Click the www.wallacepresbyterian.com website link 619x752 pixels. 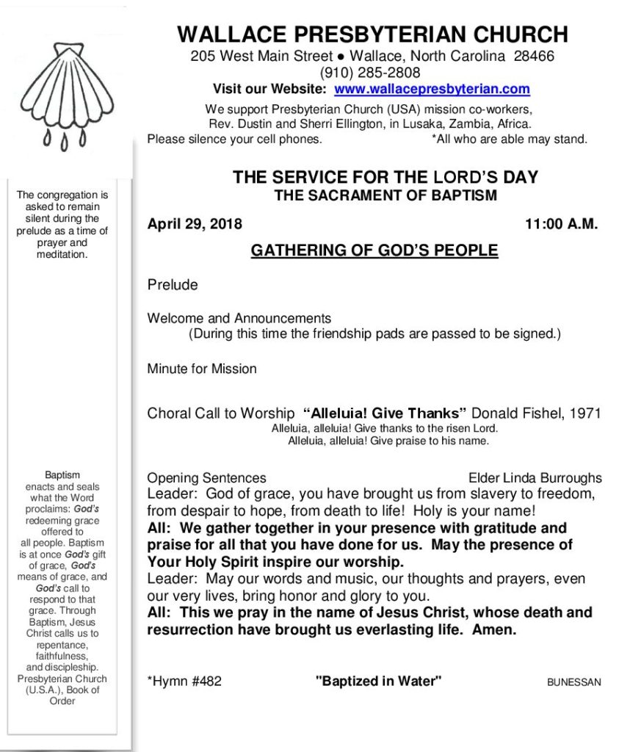[x=432, y=90]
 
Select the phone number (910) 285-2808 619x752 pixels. [x=370, y=73]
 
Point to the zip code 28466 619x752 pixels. [x=534, y=56]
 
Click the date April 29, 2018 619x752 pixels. [x=195, y=225]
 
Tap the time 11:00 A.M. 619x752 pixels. [x=561, y=225]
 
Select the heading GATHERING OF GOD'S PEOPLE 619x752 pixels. [x=374, y=251]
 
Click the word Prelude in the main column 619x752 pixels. [x=173, y=285]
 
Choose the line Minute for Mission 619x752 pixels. [x=202, y=369]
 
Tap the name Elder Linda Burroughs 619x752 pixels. [x=535, y=478]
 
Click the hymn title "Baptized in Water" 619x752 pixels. [x=378, y=681]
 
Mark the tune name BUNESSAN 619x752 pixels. [x=573, y=682]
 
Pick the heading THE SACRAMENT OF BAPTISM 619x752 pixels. [x=385, y=195]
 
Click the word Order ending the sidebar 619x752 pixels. [x=62, y=701]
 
